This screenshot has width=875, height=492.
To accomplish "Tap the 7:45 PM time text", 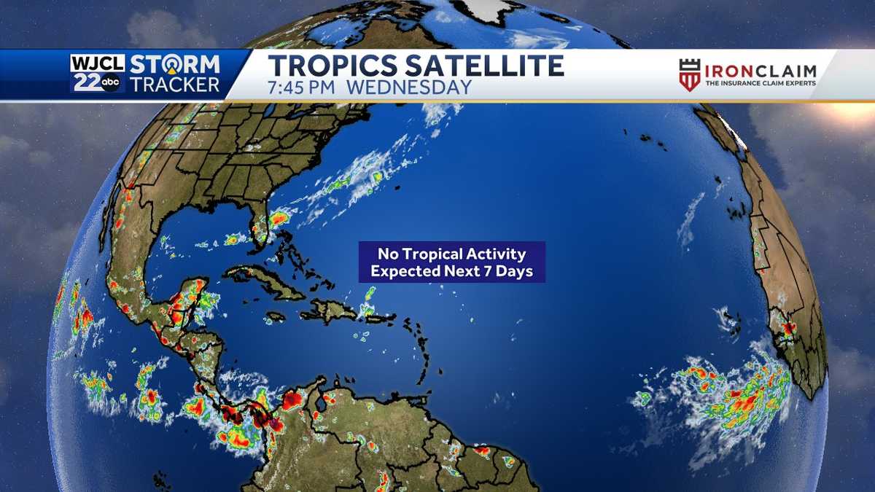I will [302, 87].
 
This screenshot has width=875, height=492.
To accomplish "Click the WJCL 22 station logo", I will [97, 74].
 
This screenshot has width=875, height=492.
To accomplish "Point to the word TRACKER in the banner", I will [175, 85].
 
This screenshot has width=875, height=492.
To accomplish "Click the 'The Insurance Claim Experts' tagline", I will [760, 84].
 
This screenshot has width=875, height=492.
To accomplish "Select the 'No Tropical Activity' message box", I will [451, 262].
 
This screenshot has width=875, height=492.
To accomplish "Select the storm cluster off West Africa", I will [736, 397].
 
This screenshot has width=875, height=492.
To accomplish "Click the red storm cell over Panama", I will [259, 415].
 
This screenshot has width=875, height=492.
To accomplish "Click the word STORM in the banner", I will [175, 64].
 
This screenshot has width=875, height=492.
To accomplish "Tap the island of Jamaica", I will [276, 318].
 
